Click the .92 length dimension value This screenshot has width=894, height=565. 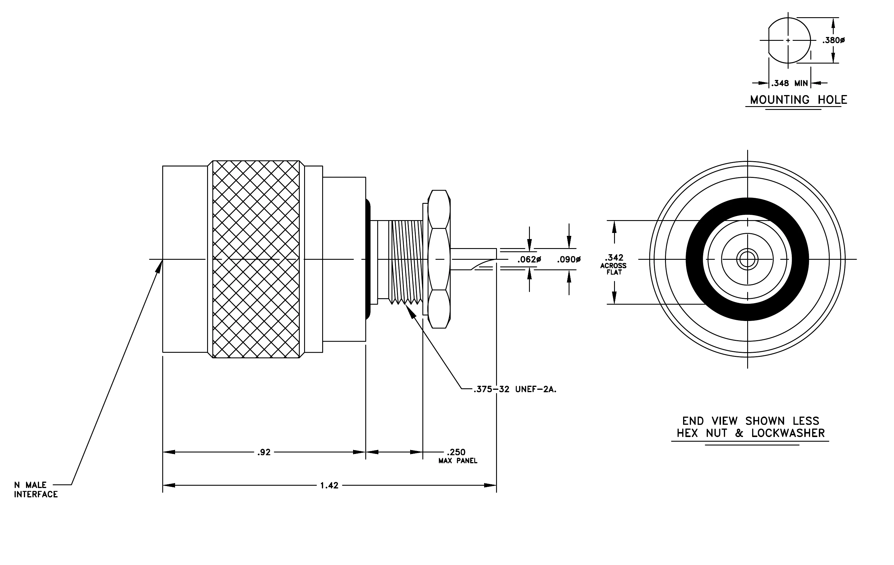264,452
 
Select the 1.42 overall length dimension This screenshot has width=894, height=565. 329,485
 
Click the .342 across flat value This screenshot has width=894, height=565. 614,257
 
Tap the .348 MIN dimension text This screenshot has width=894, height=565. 790,83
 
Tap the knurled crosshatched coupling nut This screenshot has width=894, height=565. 256,259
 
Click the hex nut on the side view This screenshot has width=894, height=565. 439,259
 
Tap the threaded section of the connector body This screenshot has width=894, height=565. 405,262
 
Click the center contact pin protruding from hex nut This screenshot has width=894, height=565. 473,259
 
